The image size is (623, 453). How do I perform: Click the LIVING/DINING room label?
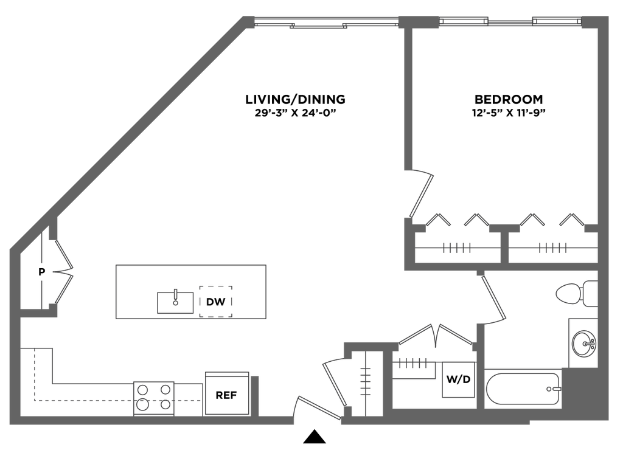pyautogui.click(x=295, y=99)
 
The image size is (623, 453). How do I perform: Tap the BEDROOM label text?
pyautogui.click(x=509, y=99)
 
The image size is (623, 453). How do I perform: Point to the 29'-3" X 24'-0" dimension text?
pyautogui.click(x=295, y=113)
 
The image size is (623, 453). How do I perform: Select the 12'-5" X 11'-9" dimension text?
pyautogui.click(x=509, y=113)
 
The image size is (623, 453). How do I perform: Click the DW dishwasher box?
pyautogui.click(x=216, y=302)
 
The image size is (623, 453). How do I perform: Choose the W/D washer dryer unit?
pyautogui.click(x=459, y=379)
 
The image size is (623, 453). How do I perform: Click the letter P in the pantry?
pyautogui.click(x=42, y=272)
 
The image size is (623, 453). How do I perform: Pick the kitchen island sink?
pyautogui.click(x=175, y=302)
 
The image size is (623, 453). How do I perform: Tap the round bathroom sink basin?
pyautogui.click(x=584, y=343)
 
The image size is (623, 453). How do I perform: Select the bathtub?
pyautogui.click(x=523, y=389)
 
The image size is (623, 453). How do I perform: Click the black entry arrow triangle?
pyautogui.click(x=315, y=437)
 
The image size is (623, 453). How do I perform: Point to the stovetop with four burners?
pyautogui.click(x=154, y=399)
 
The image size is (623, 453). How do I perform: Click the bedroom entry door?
pyautogui.click(x=421, y=195)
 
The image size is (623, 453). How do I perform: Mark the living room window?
pyautogui.click(x=326, y=22)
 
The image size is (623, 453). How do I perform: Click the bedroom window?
pyautogui.click(x=510, y=21)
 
